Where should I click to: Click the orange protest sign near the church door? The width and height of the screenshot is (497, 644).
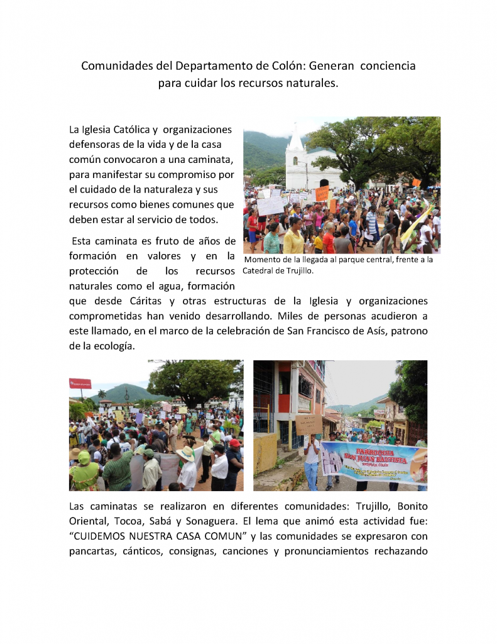click(322, 193)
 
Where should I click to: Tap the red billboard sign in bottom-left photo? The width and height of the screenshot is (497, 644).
click(80, 383)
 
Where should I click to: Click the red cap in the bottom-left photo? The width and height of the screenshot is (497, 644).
click(234, 443)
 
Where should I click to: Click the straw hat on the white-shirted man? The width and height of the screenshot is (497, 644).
click(185, 453)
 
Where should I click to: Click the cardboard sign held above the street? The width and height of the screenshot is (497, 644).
click(309, 425)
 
